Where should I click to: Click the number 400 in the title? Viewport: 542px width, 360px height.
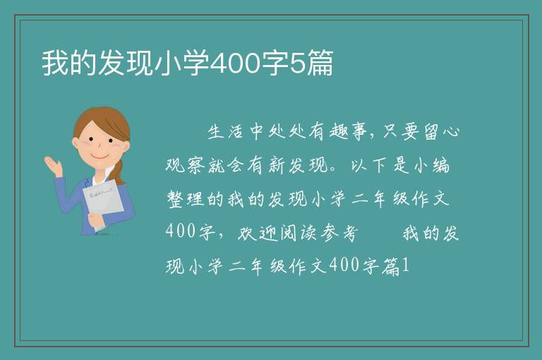[235, 64]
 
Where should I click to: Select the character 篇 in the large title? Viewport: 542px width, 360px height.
[320, 63]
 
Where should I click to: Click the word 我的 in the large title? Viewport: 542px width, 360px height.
[69, 63]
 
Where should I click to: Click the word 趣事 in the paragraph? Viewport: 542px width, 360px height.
[347, 132]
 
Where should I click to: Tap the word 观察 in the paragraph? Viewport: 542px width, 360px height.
[185, 165]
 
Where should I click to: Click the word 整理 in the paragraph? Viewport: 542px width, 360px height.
[185, 199]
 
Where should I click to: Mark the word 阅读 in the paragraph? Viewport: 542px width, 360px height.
[298, 233]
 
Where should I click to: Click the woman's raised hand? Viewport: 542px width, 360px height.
[53, 166]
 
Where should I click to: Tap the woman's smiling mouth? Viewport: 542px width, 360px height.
[100, 157]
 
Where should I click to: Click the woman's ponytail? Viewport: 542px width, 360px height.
[119, 172]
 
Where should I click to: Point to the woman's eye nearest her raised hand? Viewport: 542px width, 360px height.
[91, 139]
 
